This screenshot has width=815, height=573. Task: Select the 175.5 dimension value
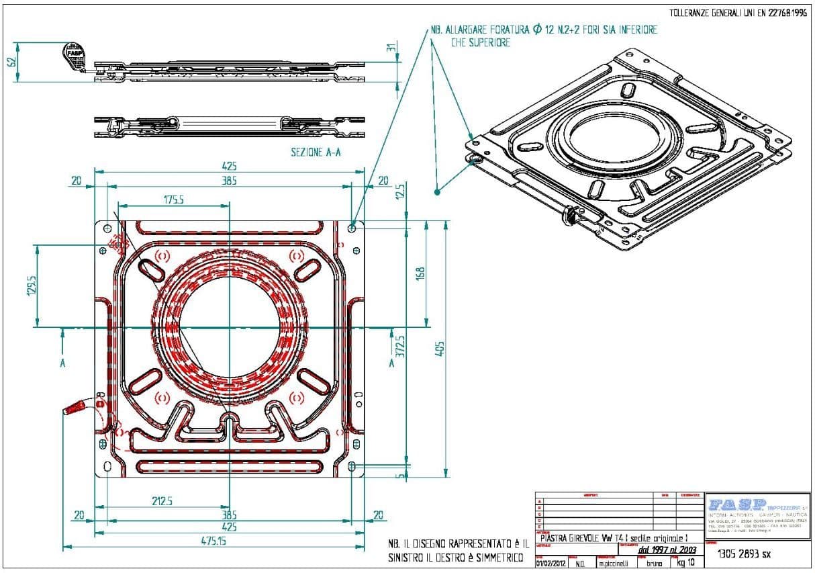173,200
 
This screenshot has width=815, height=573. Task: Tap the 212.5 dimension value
162,500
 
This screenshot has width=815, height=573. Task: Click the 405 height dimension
440,349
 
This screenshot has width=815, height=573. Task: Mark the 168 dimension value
420,274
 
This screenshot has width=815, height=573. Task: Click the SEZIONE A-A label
316,152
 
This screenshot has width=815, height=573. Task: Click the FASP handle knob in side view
74,52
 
